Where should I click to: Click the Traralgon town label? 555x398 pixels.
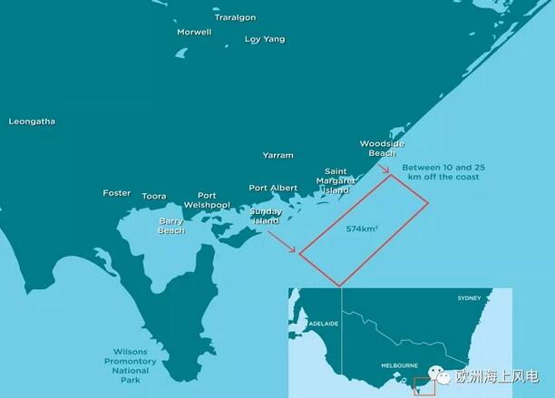[x=235, y=17]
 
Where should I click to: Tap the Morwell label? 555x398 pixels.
[x=194, y=32]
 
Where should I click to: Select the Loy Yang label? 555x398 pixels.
[x=265, y=39]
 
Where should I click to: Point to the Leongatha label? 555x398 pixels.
[x=32, y=121]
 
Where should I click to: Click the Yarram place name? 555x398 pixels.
[x=277, y=156]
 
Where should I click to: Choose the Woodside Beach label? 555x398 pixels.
[x=382, y=148]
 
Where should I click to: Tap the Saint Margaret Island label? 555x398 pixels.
[x=336, y=180]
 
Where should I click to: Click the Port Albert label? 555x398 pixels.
[x=273, y=188]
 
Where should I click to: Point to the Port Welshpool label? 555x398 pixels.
[x=207, y=199]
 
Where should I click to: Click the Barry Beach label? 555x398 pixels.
[x=171, y=225]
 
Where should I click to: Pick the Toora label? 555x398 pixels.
[x=154, y=196]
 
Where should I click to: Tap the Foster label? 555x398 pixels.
[x=117, y=192]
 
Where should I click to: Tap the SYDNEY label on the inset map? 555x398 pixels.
[x=470, y=298]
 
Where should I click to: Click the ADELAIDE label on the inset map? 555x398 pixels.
[x=323, y=323]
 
